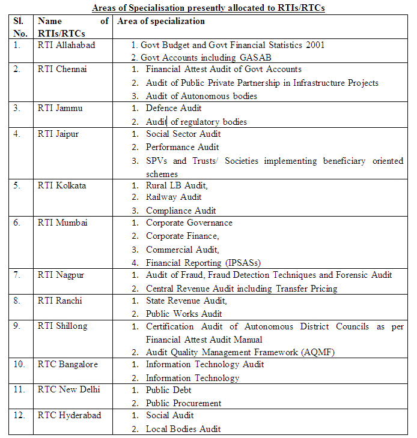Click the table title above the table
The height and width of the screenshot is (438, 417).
pyautogui.click(x=208, y=8)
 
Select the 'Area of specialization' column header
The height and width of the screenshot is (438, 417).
pyautogui.click(x=160, y=21)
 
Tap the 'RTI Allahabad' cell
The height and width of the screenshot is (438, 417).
pyautogui.click(x=66, y=45)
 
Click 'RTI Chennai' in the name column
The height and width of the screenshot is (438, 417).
pyautogui.click(x=62, y=69)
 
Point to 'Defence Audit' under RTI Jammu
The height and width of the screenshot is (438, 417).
pyautogui.click(x=174, y=108)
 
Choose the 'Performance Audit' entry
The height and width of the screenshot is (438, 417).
pyautogui.click(x=182, y=147)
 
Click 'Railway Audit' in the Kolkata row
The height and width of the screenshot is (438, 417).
pyautogui.click(x=174, y=197)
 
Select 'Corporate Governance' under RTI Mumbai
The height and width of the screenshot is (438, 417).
pyautogui.click(x=189, y=223)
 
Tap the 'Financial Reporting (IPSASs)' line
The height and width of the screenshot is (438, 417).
pyautogui.click(x=203, y=262)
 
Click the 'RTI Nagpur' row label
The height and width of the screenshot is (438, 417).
pyautogui.click(x=61, y=275)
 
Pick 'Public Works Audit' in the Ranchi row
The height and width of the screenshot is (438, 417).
pyautogui.click(x=184, y=313)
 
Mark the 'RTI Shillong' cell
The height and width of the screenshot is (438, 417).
pyautogui.click(x=62, y=326)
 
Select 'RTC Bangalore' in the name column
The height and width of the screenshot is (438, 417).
pyautogui.click(x=67, y=364)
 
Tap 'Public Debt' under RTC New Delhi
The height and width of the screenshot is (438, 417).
pyautogui.click(x=168, y=390)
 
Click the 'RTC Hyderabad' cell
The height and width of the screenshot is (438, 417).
pyautogui.click(x=69, y=415)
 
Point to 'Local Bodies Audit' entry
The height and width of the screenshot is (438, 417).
pyautogui.click(x=183, y=428)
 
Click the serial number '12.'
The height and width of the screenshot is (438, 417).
pyautogui.click(x=20, y=415)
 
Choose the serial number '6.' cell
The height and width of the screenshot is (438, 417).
pyautogui.click(x=17, y=223)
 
